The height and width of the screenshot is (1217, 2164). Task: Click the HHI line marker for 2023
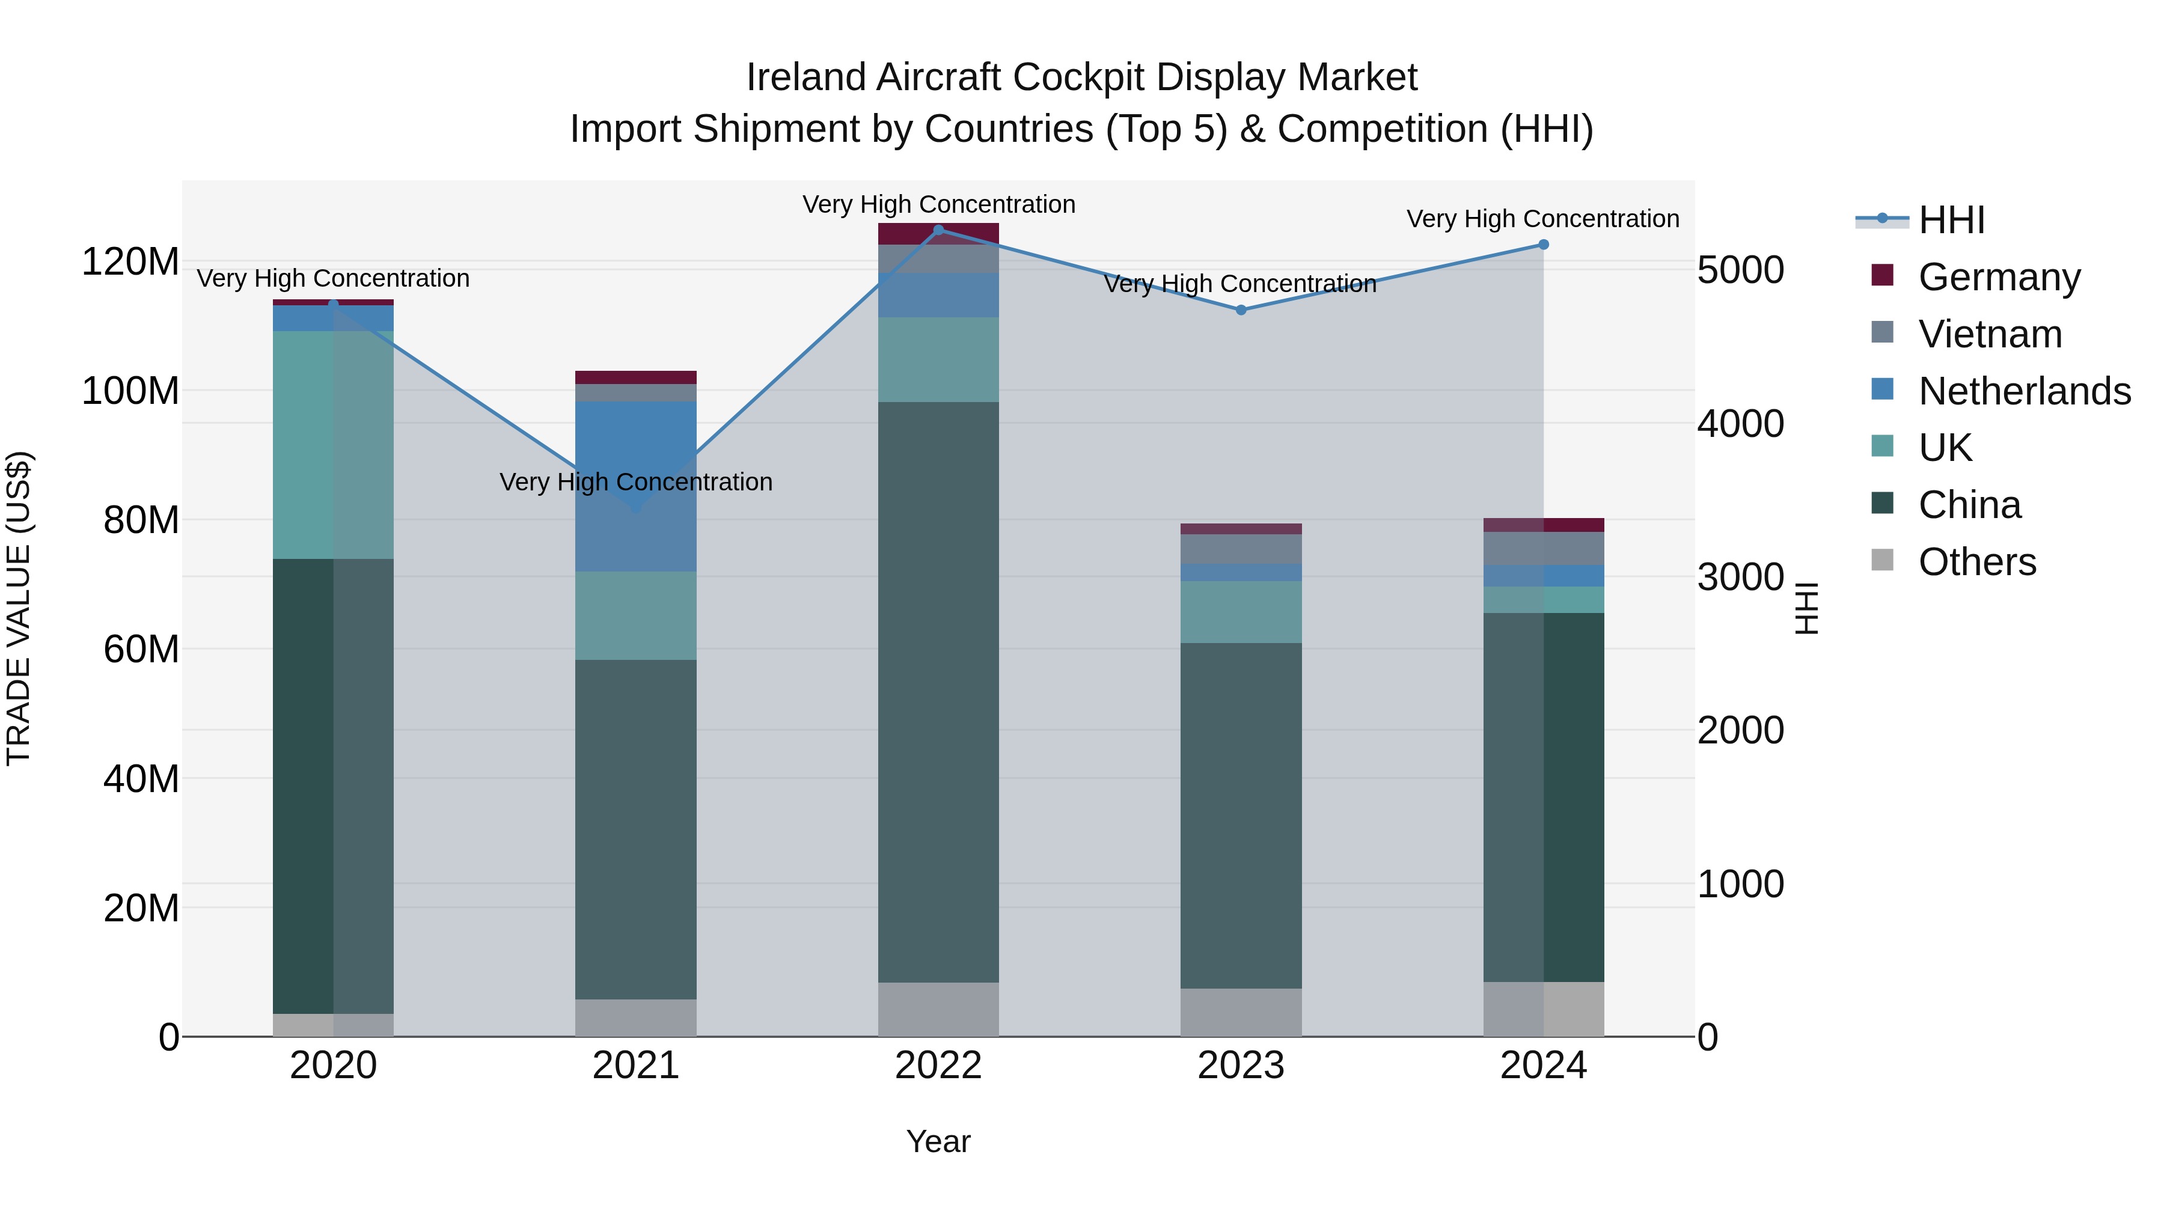pyautogui.click(x=1241, y=310)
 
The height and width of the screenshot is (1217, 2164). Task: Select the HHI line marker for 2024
pyautogui.click(x=1543, y=245)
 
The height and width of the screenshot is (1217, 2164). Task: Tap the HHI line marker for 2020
pyautogui.click(x=334, y=305)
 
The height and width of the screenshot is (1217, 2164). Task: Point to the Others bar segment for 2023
pyautogui.click(x=1241, y=1012)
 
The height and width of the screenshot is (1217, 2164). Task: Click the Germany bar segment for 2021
pyautogui.click(x=636, y=377)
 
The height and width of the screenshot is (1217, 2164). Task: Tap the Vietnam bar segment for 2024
pyautogui.click(x=1543, y=549)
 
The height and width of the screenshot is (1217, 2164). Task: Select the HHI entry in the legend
pyautogui.click(x=1951, y=220)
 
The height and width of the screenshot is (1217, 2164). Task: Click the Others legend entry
pyautogui.click(x=1976, y=562)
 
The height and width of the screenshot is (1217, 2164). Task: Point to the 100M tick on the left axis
pyautogui.click(x=130, y=391)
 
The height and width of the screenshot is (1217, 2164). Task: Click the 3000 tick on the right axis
pyautogui.click(x=1740, y=577)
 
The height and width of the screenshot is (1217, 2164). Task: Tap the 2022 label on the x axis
pyautogui.click(x=938, y=1066)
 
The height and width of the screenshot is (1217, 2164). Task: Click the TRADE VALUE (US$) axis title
pyautogui.click(x=19, y=608)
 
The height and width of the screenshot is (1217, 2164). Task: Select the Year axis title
pyautogui.click(x=938, y=1141)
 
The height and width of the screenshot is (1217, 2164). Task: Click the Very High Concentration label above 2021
pyautogui.click(x=636, y=482)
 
